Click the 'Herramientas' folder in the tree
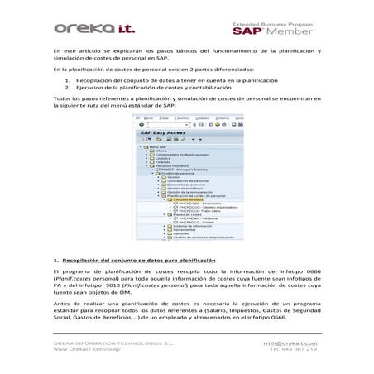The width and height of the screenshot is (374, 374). pos(180,230)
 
